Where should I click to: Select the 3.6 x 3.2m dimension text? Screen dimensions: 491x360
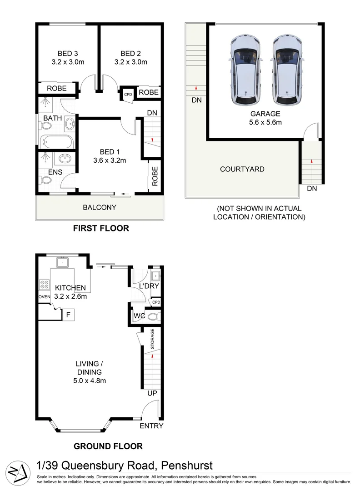pyautogui.click(x=109, y=160)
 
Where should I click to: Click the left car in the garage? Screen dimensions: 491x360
pyautogui.click(x=246, y=70)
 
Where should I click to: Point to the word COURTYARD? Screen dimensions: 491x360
pyautogui.click(x=242, y=169)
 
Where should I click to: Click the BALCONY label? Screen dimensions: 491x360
pyautogui.click(x=100, y=207)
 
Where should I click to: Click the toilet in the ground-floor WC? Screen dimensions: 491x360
pyautogui.click(x=152, y=316)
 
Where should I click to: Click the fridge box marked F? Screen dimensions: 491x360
pyautogui.click(x=68, y=314)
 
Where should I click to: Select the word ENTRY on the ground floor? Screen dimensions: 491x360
pyautogui.click(x=151, y=426)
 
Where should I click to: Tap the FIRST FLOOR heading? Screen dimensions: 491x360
pyautogui.click(x=101, y=228)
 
